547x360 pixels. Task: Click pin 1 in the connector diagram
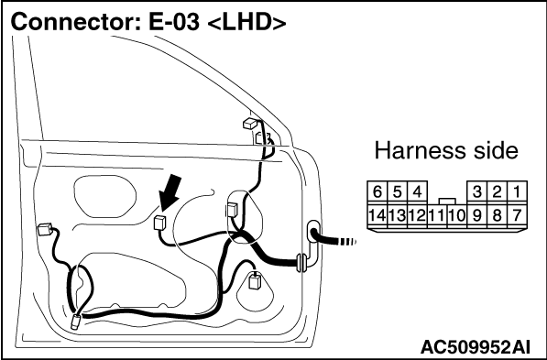[517, 191]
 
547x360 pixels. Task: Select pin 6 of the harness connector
[377, 191]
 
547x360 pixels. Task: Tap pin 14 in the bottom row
[377, 215]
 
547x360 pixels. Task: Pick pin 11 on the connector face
[437, 215]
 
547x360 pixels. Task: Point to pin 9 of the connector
[476, 215]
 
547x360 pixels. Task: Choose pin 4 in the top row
[417, 191]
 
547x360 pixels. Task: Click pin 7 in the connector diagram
[517, 215]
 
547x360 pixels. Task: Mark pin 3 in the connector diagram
[476, 191]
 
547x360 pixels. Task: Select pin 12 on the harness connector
[417, 215]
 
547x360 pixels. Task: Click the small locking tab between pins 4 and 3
[447, 202]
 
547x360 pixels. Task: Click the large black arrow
[170, 192]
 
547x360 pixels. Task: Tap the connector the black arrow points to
[159, 223]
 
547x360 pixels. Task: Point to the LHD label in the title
[246, 23]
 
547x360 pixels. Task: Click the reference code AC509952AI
[476, 347]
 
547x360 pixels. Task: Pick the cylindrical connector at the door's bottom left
[75, 322]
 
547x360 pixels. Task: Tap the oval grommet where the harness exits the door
[313, 231]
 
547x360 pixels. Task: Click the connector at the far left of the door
[45, 229]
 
